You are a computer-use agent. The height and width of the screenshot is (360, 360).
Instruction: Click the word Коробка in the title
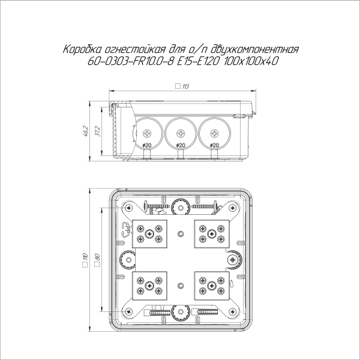coord(82,50)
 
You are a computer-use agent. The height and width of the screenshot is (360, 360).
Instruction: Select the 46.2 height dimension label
coord(87,131)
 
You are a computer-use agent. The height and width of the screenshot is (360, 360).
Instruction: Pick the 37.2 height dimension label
coord(98,131)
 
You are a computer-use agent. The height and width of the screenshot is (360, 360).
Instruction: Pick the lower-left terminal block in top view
coord(151,283)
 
